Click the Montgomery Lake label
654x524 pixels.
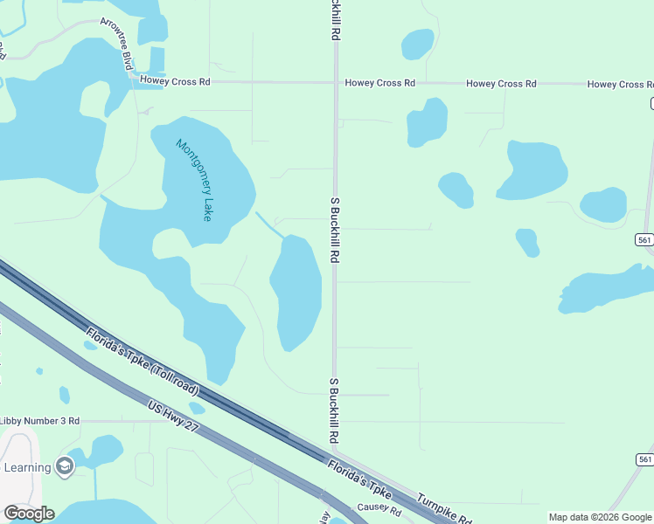(194, 180)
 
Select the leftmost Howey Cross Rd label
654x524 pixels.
(179, 82)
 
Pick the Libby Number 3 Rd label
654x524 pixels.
(40, 421)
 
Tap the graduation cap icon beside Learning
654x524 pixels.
(64, 467)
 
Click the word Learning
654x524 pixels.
(27, 467)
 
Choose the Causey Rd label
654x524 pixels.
(379, 509)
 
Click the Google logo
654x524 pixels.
(29, 514)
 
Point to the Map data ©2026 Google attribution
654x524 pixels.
(600, 517)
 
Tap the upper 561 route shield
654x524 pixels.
(645, 240)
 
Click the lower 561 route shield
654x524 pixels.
(645, 459)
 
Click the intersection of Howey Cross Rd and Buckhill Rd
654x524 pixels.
(335, 83)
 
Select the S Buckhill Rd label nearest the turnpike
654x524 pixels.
(334, 410)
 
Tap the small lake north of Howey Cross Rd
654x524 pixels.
(417, 43)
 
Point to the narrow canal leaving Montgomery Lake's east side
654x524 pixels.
(268, 224)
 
